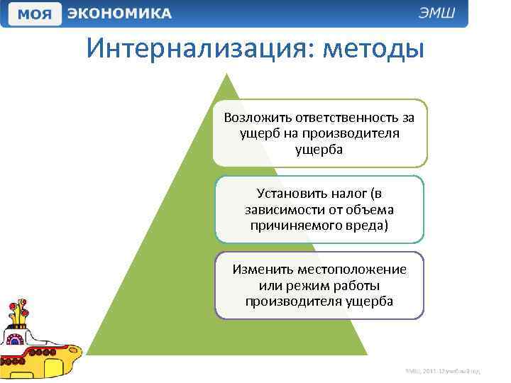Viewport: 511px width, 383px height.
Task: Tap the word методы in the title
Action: tap(373, 49)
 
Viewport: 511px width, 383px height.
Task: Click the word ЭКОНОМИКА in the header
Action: tap(119, 13)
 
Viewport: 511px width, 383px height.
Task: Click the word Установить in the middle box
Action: tap(287, 194)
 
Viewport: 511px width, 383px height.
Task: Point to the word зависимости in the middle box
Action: tap(280, 209)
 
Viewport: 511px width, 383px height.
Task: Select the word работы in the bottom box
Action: tap(357, 285)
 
